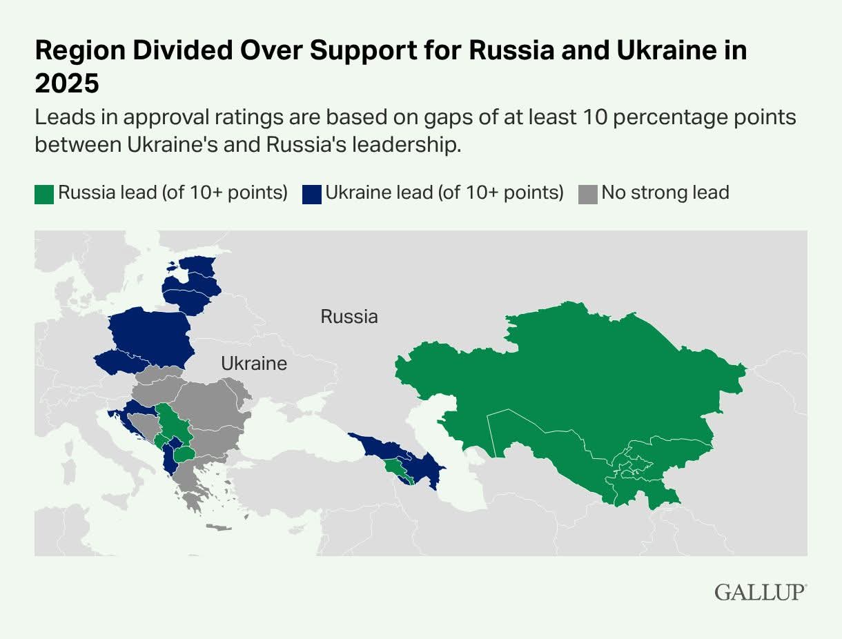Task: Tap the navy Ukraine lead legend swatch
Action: click(311, 193)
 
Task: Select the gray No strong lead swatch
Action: click(587, 193)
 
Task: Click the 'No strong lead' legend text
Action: click(665, 193)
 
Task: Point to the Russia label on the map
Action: click(349, 317)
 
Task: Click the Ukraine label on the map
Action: click(254, 364)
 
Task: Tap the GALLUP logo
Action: click(761, 592)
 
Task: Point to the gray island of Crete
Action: click(219, 528)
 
